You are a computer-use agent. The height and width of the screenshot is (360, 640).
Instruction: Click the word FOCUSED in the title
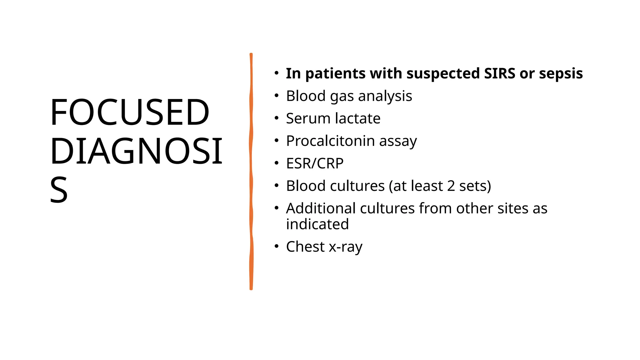pyautogui.click(x=129, y=112)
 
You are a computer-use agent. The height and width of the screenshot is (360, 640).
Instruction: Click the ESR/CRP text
pyautogui.click(x=315, y=163)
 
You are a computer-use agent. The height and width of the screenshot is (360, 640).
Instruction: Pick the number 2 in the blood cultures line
pyautogui.click(x=451, y=186)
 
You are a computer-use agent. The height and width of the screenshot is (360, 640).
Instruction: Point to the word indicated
pyautogui.click(x=317, y=224)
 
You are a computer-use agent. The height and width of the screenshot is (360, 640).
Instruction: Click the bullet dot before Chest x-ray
pyautogui.click(x=276, y=247)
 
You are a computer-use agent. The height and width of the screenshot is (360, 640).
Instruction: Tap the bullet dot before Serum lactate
pyautogui.click(x=276, y=118)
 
